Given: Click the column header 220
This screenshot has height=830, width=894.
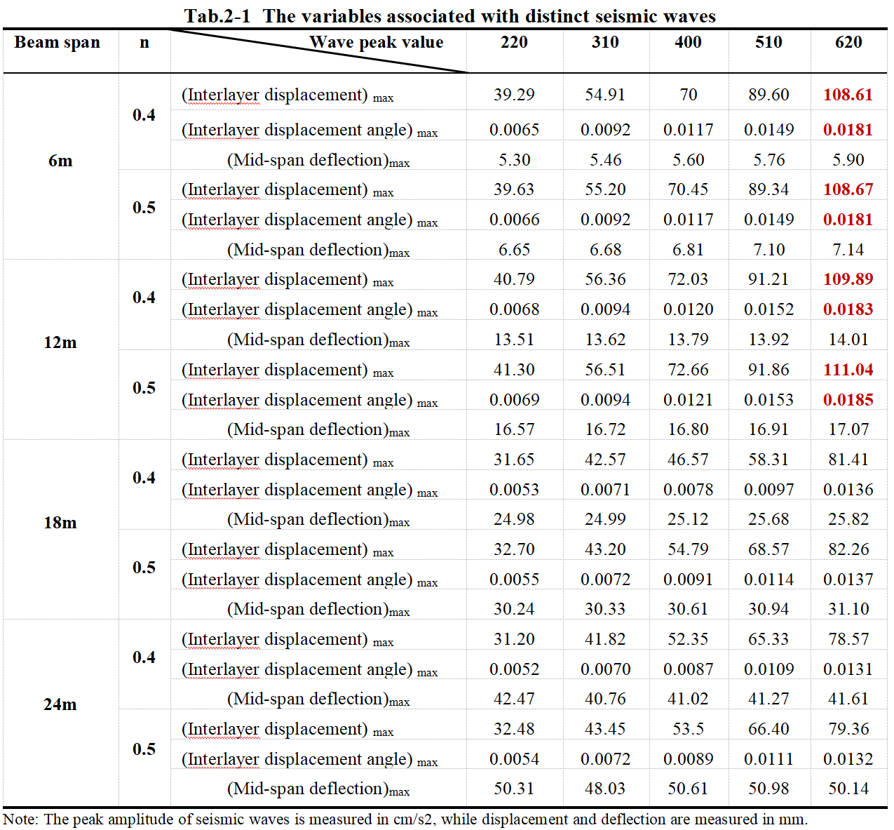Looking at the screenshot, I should (x=514, y=43).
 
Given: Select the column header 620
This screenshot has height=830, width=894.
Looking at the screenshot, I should (x=848, y=43).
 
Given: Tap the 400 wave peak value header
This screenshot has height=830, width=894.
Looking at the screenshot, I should (x=688, y=43).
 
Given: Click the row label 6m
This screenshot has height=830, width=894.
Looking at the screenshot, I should (x=60, y=161).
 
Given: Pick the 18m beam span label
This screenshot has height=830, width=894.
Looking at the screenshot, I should (x=60, y=523).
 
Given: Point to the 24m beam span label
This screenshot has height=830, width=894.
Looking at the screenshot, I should (x=60, y=704).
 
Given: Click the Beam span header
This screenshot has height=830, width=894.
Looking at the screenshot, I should (x=57, y=43).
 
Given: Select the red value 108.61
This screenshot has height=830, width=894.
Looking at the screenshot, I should (x=848, y=95).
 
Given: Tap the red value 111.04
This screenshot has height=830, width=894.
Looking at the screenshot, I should (x=848, y=370).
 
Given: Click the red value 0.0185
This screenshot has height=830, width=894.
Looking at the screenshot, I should (x=848, y=400).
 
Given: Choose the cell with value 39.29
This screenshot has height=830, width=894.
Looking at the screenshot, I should (x=514, y=95).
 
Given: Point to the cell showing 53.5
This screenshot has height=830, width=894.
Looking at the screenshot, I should (x=688, y=729).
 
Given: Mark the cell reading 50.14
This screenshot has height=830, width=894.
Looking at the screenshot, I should (x=848, y=789).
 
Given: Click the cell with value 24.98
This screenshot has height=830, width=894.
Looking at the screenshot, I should (x=514, y=519).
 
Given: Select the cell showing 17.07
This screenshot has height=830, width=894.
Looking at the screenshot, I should (x=848, y=429).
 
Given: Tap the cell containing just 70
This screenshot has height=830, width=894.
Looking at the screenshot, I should (x=688, y=95).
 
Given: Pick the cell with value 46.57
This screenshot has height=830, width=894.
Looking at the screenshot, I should (x=688, y=460).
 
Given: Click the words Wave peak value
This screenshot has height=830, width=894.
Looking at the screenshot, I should (x=377, y=43).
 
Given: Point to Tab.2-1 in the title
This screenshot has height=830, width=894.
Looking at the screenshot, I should (x=217, y=16).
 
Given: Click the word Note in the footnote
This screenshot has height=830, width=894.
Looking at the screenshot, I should (x=19, y=819).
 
